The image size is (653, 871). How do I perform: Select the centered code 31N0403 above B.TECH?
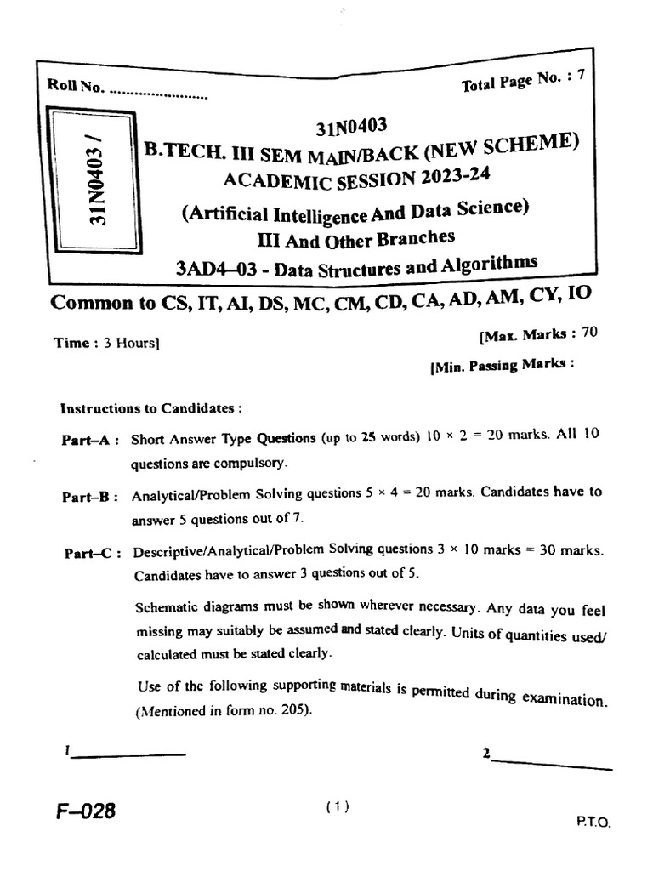point(351,128)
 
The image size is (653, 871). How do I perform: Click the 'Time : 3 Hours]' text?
point(106,343)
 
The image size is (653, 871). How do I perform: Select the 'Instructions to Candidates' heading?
point(145,408)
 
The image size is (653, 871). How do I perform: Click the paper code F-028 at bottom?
point(86,812)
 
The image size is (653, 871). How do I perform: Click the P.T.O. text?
point(593,823)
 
